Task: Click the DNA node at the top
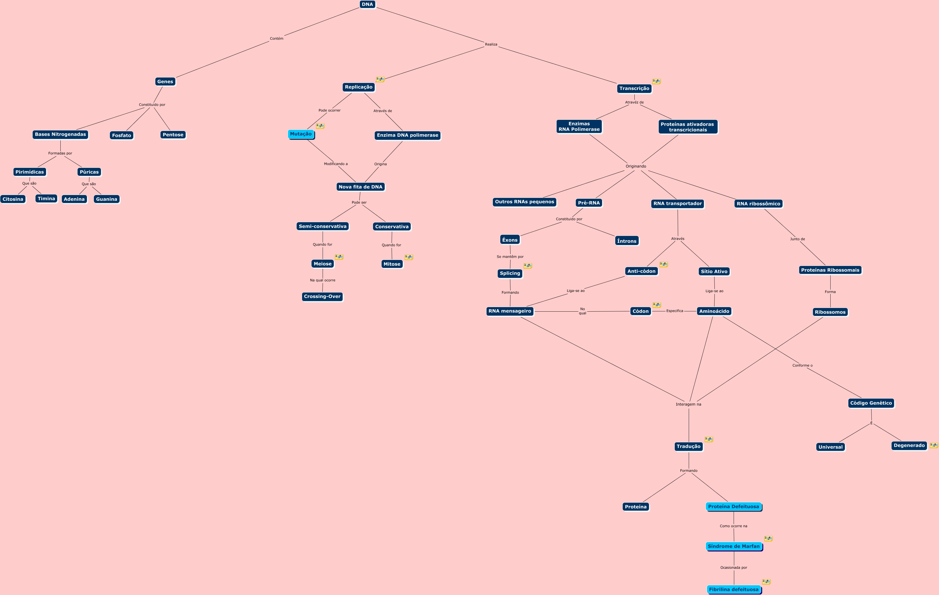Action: point(367,4)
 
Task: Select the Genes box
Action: point(165,81)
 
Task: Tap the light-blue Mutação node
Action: point(301,134)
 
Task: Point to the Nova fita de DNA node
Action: point(360,187)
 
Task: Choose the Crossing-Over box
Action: point(322,296)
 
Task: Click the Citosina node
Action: point(13,199)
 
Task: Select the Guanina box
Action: point(106,199)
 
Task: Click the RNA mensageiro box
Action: point(510,311)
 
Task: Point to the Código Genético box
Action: point(871,403)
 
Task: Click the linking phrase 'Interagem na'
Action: point(688,404)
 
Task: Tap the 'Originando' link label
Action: point(636,166)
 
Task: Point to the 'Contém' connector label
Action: point(277,39)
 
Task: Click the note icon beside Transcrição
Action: point(656,81)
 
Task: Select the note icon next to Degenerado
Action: point(934,445)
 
